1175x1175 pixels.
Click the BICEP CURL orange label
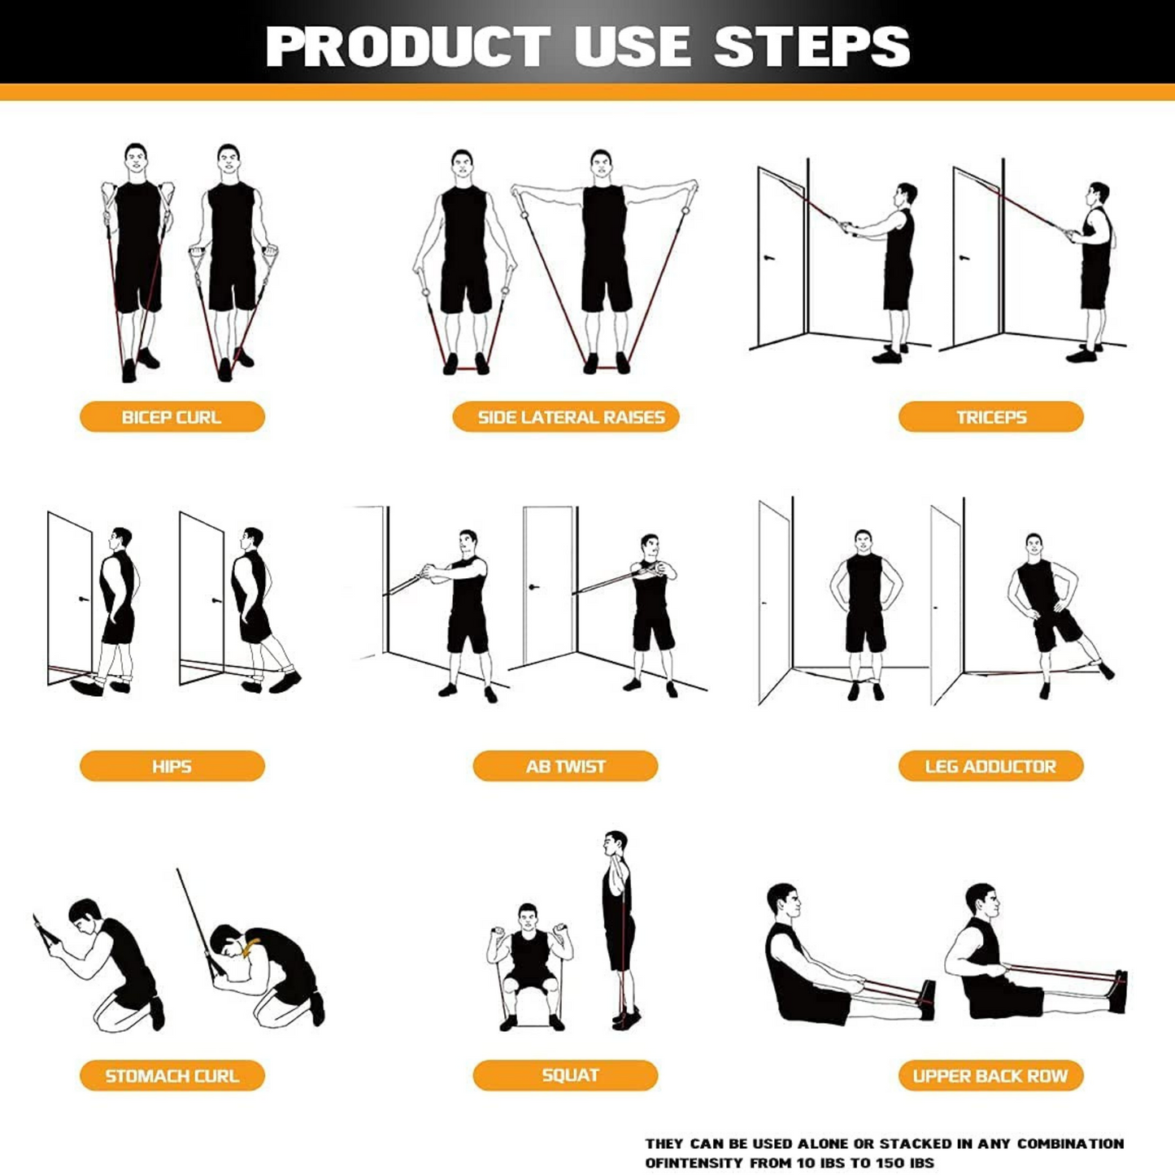pyautogui.click(x=172, y=417)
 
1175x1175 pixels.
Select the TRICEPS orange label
pyautogui.click(x=990, y=417)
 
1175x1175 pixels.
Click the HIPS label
pyautogui.click(x=172, y=766)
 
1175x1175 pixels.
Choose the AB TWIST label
pyautogui.click(x=565, y=766)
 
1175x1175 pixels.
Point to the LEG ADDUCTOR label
pyautogui.click(x=990, y=766)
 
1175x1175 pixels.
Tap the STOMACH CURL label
pyautogui.click(x=172, y=1076)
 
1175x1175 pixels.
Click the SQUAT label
pyautogui.click(x=565, y=1075)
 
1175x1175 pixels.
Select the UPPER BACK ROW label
pyautogui.click(x=990, y=1076)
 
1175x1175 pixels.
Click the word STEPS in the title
pyautogui.click(x=812, y=46)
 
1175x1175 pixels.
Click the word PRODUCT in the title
pyautogui.click(x=407, y=46)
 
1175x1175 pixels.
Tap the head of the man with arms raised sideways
pyautogui.click(x=601, y=165)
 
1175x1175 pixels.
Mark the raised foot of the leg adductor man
pyautogui.click(x=1106, y=671)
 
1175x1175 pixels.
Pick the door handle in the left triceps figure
pyautogui.click(x=768, y=259)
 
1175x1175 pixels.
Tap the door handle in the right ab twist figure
pyautogui.click(x=533, y=587)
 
